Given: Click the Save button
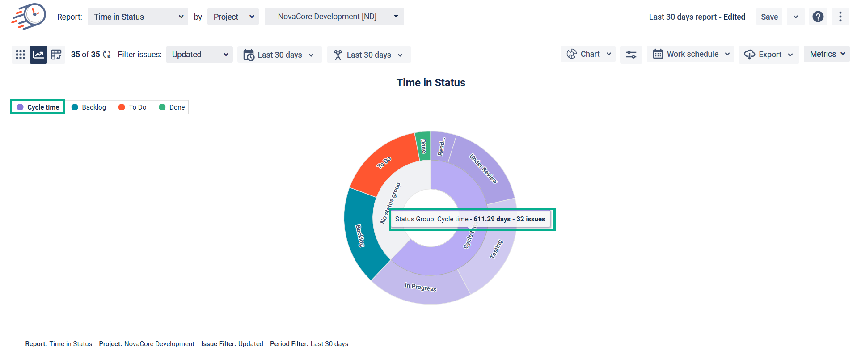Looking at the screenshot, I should (769, 17).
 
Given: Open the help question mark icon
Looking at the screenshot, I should (818, 17).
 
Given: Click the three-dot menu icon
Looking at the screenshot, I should (840, 17).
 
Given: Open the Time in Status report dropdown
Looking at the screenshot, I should (138, 17).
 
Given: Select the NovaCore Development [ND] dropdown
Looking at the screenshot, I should (334, 17).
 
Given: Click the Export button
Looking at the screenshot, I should (768, 55).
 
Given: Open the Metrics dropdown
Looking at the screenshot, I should (827, 54).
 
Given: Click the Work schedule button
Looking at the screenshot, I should (690, 54).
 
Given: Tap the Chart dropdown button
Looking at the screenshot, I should (588, 54).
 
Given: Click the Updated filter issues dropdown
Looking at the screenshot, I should (199, 55).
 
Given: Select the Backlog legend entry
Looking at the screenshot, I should (89, 107).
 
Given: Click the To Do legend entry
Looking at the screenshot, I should (132, 107).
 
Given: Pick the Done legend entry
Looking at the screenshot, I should (172, 107).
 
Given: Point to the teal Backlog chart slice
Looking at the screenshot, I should (360, 235).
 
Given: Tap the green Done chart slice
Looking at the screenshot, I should (423, 146).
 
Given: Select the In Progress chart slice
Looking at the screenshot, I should (420, 286).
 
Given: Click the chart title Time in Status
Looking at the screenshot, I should (431, 83).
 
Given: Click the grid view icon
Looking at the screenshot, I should (21, 55).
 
